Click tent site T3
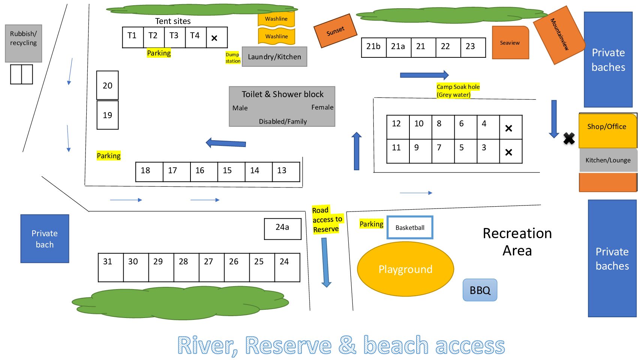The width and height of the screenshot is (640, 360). point(174,37)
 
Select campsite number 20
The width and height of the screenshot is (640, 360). point(108,85)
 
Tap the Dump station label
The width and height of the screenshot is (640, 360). point(233,58)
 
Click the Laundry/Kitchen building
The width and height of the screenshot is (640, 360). point(274,57)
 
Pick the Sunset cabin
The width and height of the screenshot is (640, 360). point(335,31)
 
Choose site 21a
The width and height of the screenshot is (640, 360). point(398,47)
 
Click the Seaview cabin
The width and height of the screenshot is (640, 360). point(510,43)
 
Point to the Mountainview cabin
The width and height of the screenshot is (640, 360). point(559,34)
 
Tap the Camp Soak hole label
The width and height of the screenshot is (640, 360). point(458,91)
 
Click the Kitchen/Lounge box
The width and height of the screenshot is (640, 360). point(608,160)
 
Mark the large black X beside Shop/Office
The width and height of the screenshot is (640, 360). point(569,138)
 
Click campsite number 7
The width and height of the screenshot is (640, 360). point(443,151)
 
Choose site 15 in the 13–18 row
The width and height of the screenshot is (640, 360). point(231,172)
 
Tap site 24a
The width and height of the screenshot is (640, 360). point(283,229)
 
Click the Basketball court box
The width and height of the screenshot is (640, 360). point(410,228)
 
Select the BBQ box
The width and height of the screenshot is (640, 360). point(480,290)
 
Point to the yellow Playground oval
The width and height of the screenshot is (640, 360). point(405,269)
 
